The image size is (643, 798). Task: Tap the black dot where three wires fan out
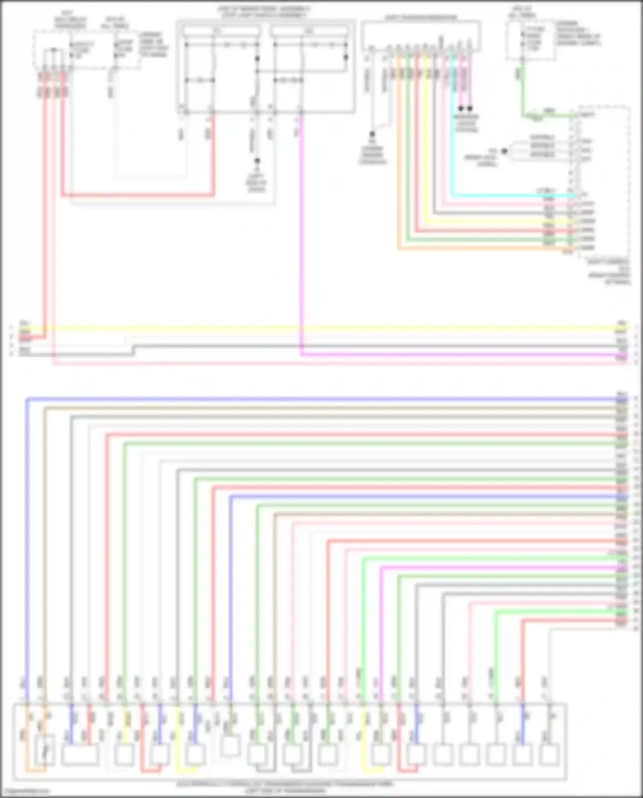click(x=505, y=151)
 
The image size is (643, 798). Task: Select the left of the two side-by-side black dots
click(x=461, y=108)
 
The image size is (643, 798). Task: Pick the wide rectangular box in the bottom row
click(x=80, y=755)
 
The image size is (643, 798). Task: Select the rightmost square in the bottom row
click(x=549, y=755)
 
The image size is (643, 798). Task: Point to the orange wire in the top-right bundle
click(x=399, y=172)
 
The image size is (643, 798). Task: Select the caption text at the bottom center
click(x=285, y=787)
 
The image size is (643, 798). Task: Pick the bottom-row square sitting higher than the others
click(x=230, y=746)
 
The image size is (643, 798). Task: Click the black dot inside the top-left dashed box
click(x=54, y=50)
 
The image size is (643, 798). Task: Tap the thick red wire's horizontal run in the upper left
click(x=137, y=196)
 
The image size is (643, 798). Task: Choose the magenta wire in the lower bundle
click(x=493, y=567)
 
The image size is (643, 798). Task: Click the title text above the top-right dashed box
click(x=521, y=12)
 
